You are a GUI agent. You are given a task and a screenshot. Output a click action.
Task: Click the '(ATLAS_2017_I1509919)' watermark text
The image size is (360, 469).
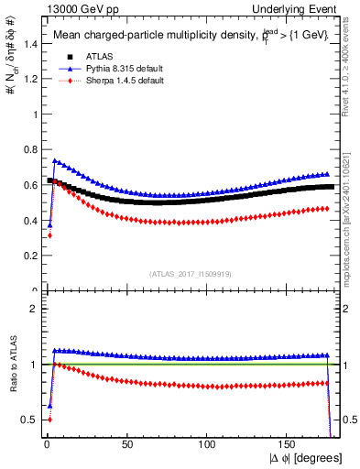(x=190, y=274)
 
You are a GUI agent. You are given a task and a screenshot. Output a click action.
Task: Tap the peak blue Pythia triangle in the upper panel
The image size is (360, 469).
(x=54, y=161)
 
